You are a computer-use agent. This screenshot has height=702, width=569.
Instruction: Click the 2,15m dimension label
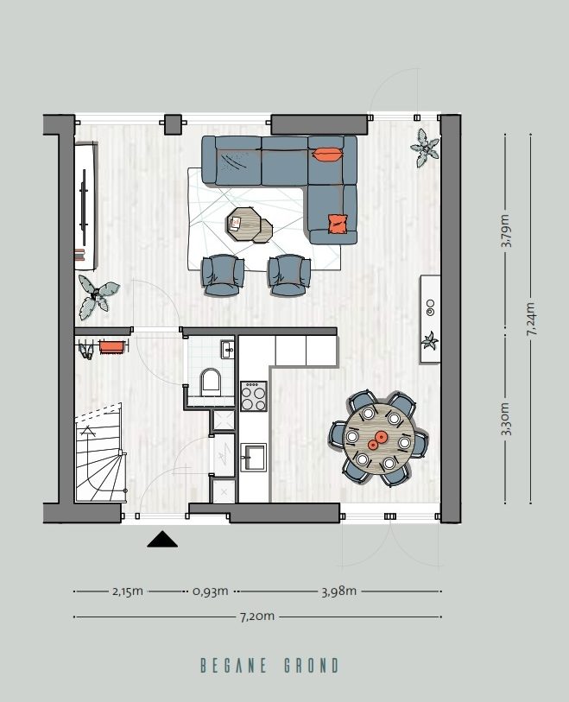point(128,591)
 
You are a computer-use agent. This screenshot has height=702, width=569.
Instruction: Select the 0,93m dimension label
point(211,591)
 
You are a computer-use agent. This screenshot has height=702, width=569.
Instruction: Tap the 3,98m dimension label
point(339,591)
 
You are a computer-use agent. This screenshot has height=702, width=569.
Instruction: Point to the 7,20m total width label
point(257,617)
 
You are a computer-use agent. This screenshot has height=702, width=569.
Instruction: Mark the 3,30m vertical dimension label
point(506,418)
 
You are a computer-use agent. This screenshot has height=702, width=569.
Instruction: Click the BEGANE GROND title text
point(269,666)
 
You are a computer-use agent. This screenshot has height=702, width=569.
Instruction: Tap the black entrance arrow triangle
point(162,540)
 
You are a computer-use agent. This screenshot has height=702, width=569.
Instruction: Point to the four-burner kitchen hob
point(254,396)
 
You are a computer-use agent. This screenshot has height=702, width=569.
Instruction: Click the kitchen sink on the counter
point(254,455)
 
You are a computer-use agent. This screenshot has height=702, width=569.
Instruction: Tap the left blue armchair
point(222,274)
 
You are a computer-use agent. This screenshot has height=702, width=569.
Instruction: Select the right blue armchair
point(288,274)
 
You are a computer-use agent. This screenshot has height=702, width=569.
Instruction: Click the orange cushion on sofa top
point(327,155)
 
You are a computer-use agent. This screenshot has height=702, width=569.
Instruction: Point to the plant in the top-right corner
point(424,148)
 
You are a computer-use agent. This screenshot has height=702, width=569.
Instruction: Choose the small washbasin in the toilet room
point(228,349)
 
